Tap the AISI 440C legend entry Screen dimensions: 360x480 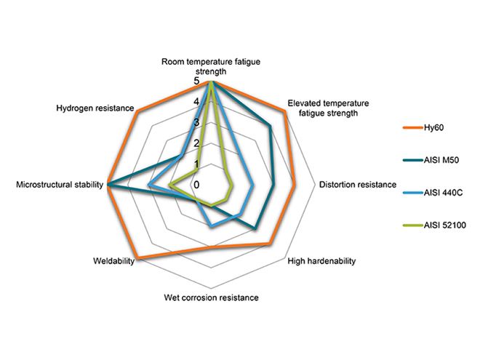point(444,193)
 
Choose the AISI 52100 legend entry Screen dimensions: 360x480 point(446,225)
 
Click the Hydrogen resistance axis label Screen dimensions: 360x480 point(95,108)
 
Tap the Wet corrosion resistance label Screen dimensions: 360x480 point(211,297)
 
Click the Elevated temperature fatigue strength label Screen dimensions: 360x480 point(329,108)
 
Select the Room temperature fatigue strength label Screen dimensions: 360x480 point(211,68)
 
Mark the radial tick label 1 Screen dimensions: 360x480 point(196,164)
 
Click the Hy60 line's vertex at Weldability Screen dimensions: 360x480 point(138,258)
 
